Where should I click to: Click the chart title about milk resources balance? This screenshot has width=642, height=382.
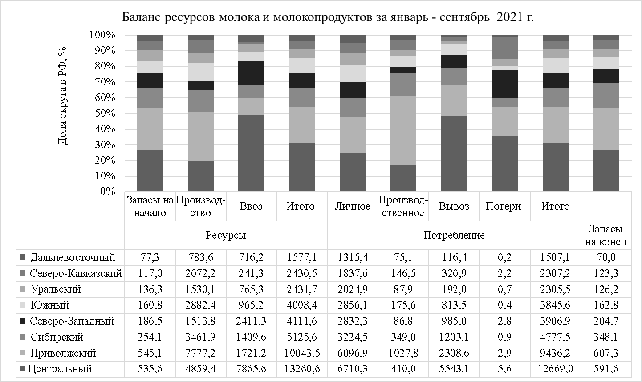click(328, 17)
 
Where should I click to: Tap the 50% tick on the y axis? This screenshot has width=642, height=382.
click(102, 114)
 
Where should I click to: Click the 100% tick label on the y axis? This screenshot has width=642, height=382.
click(102, 35)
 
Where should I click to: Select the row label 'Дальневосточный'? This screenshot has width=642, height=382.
click(73, 257)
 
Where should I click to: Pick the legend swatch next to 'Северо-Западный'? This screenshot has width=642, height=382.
click(22, 321)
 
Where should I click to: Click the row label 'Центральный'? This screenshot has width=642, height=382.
click(60, 369)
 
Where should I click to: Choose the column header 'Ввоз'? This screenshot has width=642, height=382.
click(251, 206)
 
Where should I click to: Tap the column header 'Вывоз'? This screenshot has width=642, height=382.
click(454, 206)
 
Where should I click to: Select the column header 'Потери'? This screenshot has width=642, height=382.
click(503, 206)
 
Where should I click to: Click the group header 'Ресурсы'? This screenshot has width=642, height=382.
click(226, 235)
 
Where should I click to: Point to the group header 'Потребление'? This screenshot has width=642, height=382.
click(454, 235)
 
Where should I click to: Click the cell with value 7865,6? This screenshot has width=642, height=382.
click(251, 369)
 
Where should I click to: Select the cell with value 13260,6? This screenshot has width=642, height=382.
click(301, 369)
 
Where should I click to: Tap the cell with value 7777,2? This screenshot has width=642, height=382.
click(200, 353)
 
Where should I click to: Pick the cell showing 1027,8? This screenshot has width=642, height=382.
click(403, 353)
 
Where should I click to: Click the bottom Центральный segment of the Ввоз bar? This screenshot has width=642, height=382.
click(251, 154)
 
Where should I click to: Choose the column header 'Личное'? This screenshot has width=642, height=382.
click(352, 206)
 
